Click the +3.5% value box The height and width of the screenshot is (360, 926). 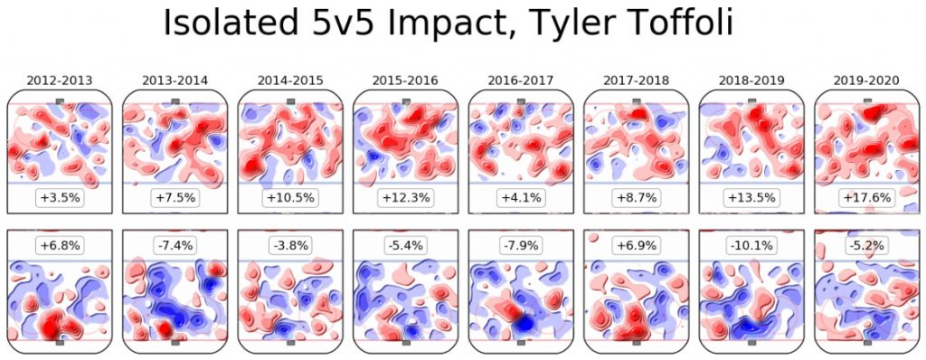[x=60, y=197]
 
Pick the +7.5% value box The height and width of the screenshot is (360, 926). [x=175, y=197]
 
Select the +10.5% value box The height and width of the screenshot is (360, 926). [x=290, y=197]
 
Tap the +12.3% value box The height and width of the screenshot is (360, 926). [x=405, y=197]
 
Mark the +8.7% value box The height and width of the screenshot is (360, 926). [x=636, y=197]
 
